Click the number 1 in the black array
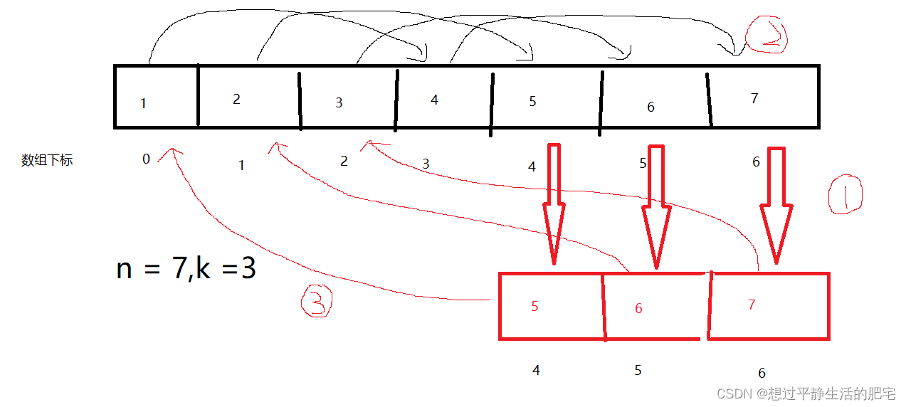143,104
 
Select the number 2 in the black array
236,99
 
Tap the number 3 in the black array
339,103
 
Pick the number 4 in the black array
434,100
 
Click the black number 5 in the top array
532,102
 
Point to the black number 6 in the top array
650,107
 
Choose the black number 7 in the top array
755,99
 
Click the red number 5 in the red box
534,307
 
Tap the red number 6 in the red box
638,309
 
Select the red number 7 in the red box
752,305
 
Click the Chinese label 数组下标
47,160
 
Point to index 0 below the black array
146,159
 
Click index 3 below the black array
426,164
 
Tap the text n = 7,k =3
186,269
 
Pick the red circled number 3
316,302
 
